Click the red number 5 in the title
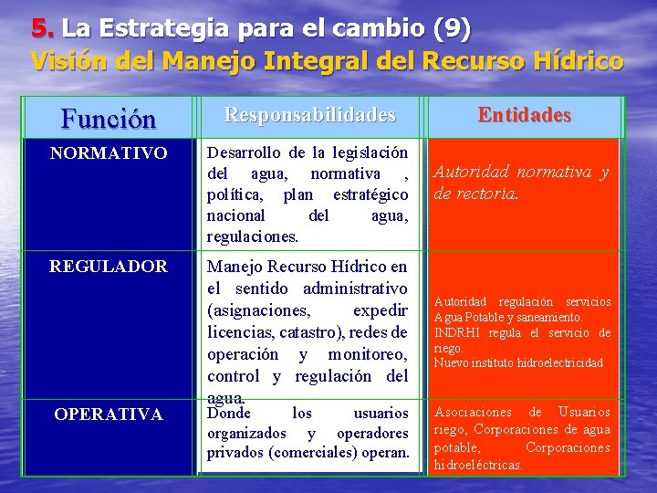(39, 29)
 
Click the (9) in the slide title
(453, 29)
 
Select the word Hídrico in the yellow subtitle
(576, 61)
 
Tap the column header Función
(108, 119)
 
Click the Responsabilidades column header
(310, 115)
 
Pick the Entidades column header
(525, 115)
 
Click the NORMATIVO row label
(109, 153)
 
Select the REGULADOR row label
(109, 267)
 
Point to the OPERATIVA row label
(109, 414)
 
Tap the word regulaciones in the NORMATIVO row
(252, 236)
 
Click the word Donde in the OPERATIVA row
(230, 412)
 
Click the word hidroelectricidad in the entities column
(556, 362)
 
